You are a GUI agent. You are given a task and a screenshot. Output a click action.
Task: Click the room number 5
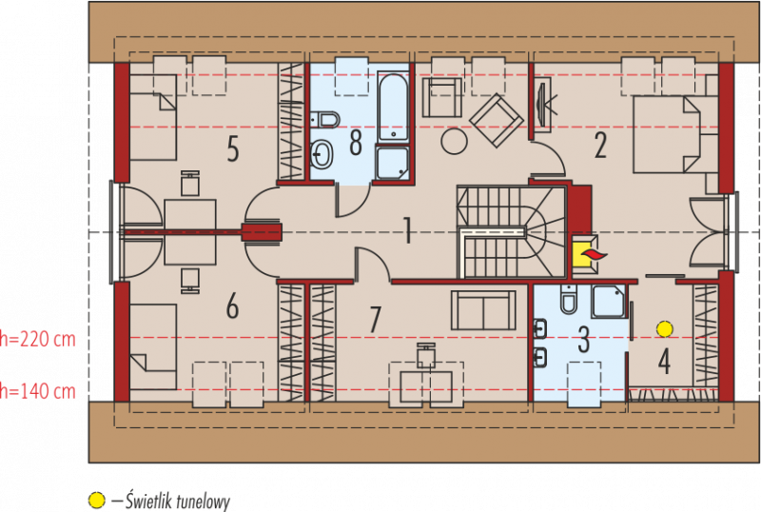click(x=233, y=148)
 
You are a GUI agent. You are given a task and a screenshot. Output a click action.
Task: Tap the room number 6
click(x=232, y=306)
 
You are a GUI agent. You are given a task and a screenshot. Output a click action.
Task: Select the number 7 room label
click(x=374, y=319)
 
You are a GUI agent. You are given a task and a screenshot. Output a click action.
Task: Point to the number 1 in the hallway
click(x=408, y=230)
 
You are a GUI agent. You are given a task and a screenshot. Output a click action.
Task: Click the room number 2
click(x=600, y=146)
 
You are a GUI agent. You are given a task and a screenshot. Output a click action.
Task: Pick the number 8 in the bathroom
click(x=356, y=143)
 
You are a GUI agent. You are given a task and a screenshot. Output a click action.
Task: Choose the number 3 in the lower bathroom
click(x=584, y=340)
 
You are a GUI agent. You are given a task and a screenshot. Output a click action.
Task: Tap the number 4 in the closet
click(x=664, y=362)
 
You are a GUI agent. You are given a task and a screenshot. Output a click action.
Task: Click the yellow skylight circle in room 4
click(x=664, y=329)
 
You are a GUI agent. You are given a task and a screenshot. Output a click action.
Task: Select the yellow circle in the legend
click(x=97, y=500)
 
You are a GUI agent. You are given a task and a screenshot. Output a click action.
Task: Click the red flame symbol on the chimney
click(x=594, y=254)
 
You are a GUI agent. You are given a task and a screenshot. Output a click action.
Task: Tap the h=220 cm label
click(x=38, y=339)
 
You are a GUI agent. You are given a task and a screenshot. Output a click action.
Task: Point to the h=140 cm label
click(x=38, y=391)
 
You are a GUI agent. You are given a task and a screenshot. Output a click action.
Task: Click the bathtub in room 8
click(x=393, y=107)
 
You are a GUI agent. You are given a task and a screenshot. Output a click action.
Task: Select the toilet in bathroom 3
click(x=569, y=299)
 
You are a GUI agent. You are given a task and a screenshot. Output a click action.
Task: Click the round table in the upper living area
click(x=455, y=141)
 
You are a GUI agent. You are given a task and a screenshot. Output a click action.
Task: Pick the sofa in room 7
click(x=483, y=310)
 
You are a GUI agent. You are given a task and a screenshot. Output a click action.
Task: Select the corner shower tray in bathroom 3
click(x=609, y=301)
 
